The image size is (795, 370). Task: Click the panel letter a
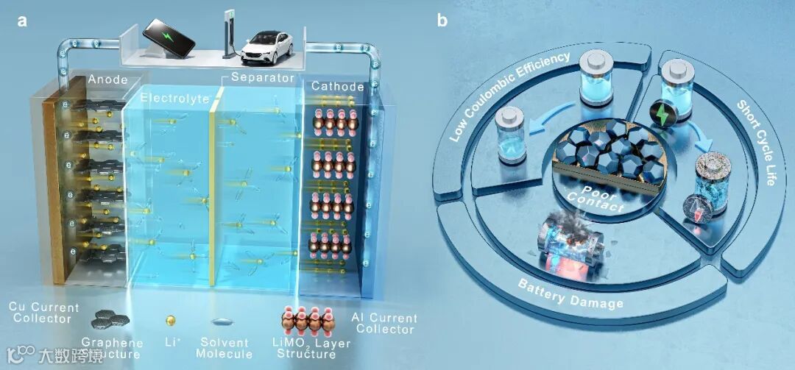tap(22, 21)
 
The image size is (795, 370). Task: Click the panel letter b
tap(442, 21)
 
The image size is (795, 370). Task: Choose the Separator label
tap(263, 77)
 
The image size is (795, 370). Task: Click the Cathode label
tap(338, 87)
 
